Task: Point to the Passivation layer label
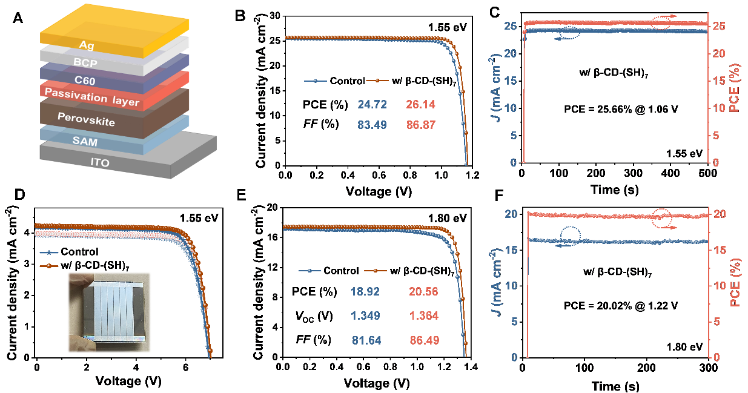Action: (93, 96)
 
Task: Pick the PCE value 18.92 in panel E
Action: (366, 292)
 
